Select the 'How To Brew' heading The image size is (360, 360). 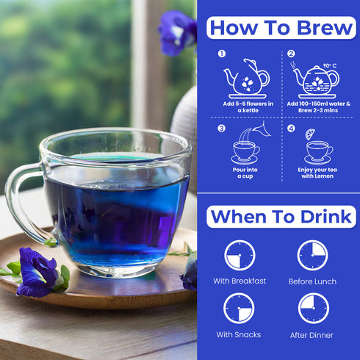(281, 27)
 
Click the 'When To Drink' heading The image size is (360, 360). (281, 217)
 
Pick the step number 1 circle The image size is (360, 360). (222, 54)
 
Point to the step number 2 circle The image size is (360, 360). (291, 54)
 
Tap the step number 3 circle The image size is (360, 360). (222, 129)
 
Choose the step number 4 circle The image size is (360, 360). (291, 129)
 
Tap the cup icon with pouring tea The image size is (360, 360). (245, 147)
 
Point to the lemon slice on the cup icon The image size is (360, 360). (311, 134)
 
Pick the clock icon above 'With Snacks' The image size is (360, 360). (240, 308)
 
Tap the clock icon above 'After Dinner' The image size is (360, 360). (312, 308)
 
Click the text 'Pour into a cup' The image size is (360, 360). (245, 173)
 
